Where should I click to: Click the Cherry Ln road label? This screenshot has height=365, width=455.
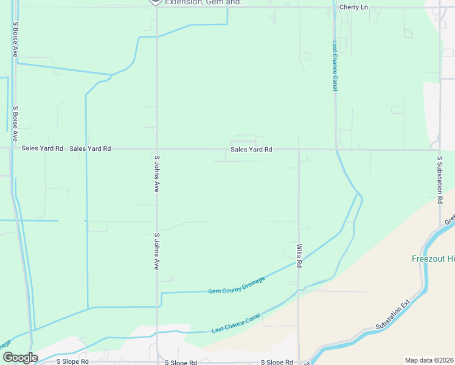(x=353, y=7)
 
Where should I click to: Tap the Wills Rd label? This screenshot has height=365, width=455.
(x=299, y=256)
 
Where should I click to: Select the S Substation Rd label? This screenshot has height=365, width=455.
(x=440, y=175)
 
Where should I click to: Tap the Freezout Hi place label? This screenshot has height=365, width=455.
(x=432, y=259)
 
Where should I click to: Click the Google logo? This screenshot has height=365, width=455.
(x=19, y=358)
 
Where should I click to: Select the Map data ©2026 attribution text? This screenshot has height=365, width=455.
(x=429, y=360)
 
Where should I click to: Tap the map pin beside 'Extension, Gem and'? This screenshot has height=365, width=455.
(x=156, y=2)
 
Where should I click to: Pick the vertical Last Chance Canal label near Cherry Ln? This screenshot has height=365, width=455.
(x=335, y=66)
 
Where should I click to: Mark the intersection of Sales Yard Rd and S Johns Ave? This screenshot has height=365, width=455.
(x=157, y=148)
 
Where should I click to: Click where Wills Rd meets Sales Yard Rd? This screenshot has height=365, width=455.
(x=298, y=149)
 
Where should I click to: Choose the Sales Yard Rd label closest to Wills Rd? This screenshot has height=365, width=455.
(x=251, y=149)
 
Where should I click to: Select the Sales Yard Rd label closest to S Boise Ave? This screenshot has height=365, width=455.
(x=42, y=148)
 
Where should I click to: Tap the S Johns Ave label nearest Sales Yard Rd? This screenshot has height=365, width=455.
(x=157, y=174)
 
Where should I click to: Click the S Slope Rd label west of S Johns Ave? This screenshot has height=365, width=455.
(x=72, y=361)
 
